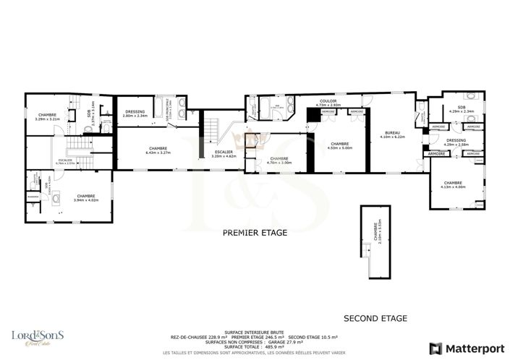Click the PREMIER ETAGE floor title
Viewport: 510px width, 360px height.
[255, 233]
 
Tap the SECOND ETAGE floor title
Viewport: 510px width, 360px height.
[375, 318]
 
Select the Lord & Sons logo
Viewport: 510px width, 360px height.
[38, 337]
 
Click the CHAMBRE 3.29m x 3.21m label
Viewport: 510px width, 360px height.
[48, 116]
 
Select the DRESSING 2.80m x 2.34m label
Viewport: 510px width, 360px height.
[135, 113]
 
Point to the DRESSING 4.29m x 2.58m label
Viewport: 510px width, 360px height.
[456, 142]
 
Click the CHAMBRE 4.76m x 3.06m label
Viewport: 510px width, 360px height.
[279, 160]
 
